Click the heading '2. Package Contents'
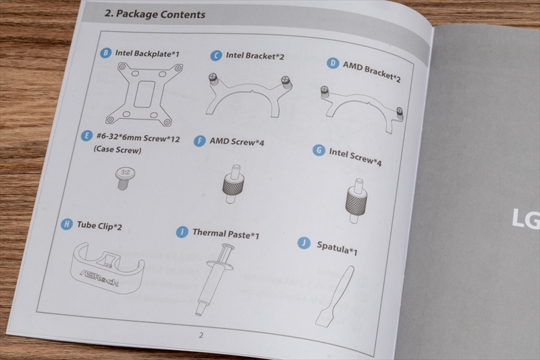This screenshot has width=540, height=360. coord(155,14)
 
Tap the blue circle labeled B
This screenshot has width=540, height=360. coord(106,53)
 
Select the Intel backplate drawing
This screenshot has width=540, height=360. coord(144,94)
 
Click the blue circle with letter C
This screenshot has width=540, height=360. coord(216,55)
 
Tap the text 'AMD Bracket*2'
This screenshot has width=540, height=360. coord(371,72)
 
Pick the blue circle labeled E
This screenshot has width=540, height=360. coord(86,136)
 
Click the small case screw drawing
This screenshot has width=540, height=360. coord(125,178)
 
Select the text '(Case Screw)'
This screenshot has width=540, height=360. coord(117,149)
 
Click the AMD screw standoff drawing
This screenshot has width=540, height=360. coord(234,184)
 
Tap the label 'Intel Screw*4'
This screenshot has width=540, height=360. coord(355,157)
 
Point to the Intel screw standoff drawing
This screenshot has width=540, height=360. coord(356,201)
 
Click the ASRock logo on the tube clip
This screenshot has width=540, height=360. coord(99,278)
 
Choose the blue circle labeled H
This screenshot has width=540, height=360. coord(66,224)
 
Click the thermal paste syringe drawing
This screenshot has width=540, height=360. coord(214,279)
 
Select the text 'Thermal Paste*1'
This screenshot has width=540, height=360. coord(225,234)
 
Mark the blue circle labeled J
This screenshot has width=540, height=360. coord(304,243)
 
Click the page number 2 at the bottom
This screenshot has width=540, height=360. coord(201,335)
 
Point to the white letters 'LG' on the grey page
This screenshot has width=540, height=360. coord(526,219)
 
